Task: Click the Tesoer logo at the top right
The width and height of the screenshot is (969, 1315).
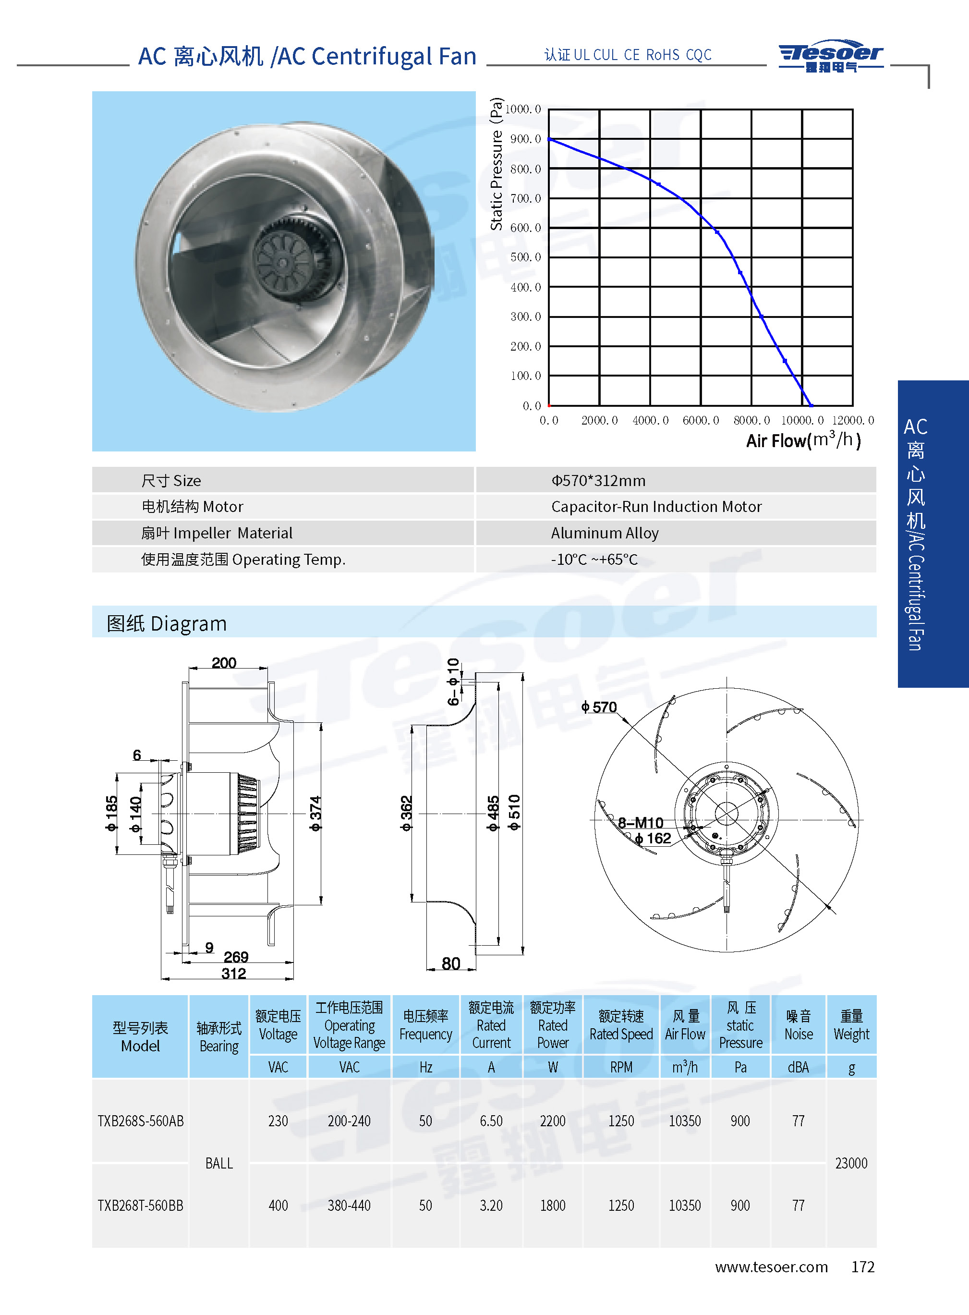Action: pos(831,56)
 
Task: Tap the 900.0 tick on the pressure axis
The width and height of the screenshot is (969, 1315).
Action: pos(526,139)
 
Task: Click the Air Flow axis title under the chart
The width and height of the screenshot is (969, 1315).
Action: pos(803,440)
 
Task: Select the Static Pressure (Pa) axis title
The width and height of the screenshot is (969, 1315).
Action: pos(496,164)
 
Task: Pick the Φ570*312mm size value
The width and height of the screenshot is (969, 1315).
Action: pos(598,480)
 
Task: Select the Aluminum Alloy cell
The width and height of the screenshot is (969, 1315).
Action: pos(605,533)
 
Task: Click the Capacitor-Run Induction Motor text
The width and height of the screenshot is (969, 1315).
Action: pos(656,506)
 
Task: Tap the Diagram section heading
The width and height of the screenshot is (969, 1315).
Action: pos(167,623)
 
